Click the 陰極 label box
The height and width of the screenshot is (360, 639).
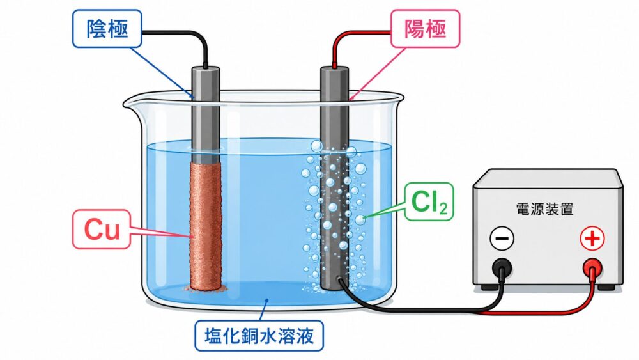107,29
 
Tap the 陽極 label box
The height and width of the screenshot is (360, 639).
425,29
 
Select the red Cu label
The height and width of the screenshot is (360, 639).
102,229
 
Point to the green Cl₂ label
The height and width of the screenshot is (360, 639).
429,202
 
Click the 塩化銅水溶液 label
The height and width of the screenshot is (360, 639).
259,336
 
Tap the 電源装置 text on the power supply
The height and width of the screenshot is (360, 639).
545,208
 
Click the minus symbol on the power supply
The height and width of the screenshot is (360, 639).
502,238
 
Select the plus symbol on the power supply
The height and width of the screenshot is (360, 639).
592,238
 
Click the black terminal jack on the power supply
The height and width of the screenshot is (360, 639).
502,269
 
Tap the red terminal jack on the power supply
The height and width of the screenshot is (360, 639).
592,269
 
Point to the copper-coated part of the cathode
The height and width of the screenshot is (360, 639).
206,226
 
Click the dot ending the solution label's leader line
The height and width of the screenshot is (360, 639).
266,301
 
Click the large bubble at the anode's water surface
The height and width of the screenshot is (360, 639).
317,146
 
